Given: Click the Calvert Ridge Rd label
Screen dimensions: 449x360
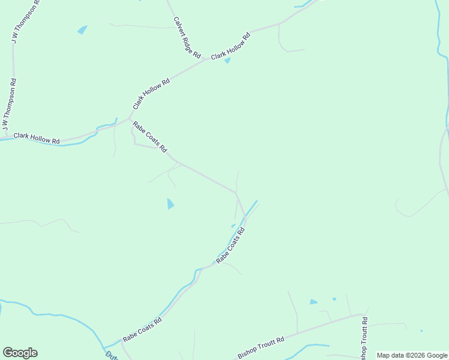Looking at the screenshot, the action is click(187, 37).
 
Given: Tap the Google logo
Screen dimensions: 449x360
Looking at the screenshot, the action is click(20, 353).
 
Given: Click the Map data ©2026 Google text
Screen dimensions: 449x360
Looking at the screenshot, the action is click(412, 355).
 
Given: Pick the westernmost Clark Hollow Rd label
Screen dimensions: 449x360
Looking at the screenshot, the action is click(37, 139).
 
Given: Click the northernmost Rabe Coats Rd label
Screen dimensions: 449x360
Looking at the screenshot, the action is click(149, 137).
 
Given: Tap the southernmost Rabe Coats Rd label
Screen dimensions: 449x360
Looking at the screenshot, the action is click(142, 329).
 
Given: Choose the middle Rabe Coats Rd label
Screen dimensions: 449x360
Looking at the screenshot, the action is click(231, 246).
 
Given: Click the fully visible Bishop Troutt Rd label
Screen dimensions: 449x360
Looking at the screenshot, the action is click(261, 347).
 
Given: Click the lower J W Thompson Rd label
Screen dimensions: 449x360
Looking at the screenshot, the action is click(10, 104).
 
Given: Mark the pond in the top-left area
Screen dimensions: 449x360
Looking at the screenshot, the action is click(82, 29).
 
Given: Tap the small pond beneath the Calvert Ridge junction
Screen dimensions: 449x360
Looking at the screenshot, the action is click(228, 60).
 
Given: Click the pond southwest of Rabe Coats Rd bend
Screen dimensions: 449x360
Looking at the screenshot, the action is click(170, 204).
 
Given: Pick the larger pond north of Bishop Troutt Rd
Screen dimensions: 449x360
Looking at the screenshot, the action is click(313, 302).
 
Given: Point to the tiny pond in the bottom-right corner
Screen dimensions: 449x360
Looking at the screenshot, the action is click(421, 331).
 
